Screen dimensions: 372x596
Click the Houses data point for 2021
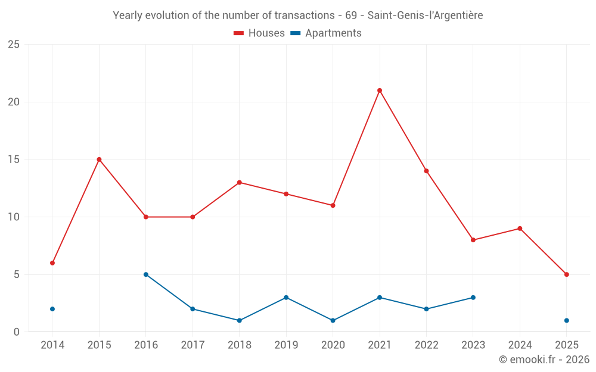[380, 90]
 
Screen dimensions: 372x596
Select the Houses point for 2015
[99, 160]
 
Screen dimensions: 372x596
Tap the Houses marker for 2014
[52, 263]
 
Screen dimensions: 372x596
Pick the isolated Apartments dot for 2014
[52, 309]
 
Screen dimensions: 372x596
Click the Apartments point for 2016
[146, 274]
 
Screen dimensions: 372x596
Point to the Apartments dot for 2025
[567, 320]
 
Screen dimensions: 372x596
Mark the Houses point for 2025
[567, 274]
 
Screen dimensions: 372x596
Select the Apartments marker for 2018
[240, 320]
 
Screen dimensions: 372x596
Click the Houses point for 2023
[473, 240]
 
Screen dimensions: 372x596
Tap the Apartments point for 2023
[473, 298]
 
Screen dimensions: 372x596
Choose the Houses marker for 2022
[426, 171]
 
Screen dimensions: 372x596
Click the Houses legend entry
[259, 33]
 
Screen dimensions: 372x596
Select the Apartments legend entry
[326, 33]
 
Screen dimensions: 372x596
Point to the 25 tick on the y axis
[13, 45]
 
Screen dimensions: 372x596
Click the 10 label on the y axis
[13, 217]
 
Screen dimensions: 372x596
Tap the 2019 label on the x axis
[286, 345]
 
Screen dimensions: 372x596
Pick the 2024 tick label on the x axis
[520, 345]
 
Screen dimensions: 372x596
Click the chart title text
[298, 15]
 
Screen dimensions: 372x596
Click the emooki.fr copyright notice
[544, 360]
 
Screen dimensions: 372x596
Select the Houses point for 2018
[240, 183]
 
